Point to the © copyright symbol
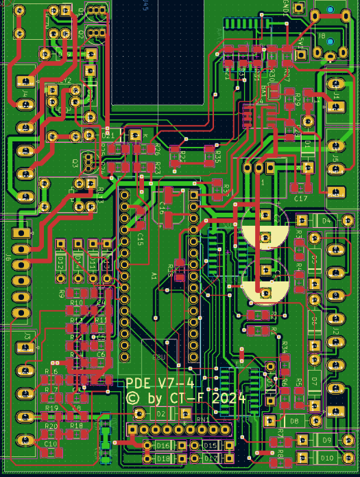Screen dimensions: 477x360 pyautogui.click(x=133, y=398)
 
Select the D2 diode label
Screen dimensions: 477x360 pyautogui.click(x=161, y=413)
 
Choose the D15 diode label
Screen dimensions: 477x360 pyautogui.click(x=210, y=446)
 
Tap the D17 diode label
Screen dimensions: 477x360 pyautogui.click(x=210, y=458)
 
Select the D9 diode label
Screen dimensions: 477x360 pyautogui.click(x=327, y=440)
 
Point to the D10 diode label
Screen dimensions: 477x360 pyautogui.click(x=327, y=458)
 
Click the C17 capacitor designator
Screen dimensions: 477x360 pyautogui.click(x=300, y=198)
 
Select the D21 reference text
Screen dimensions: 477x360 pyautogui.click(x=108, y=136)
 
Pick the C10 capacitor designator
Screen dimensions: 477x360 pyautogui.click(x=51, y=444)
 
